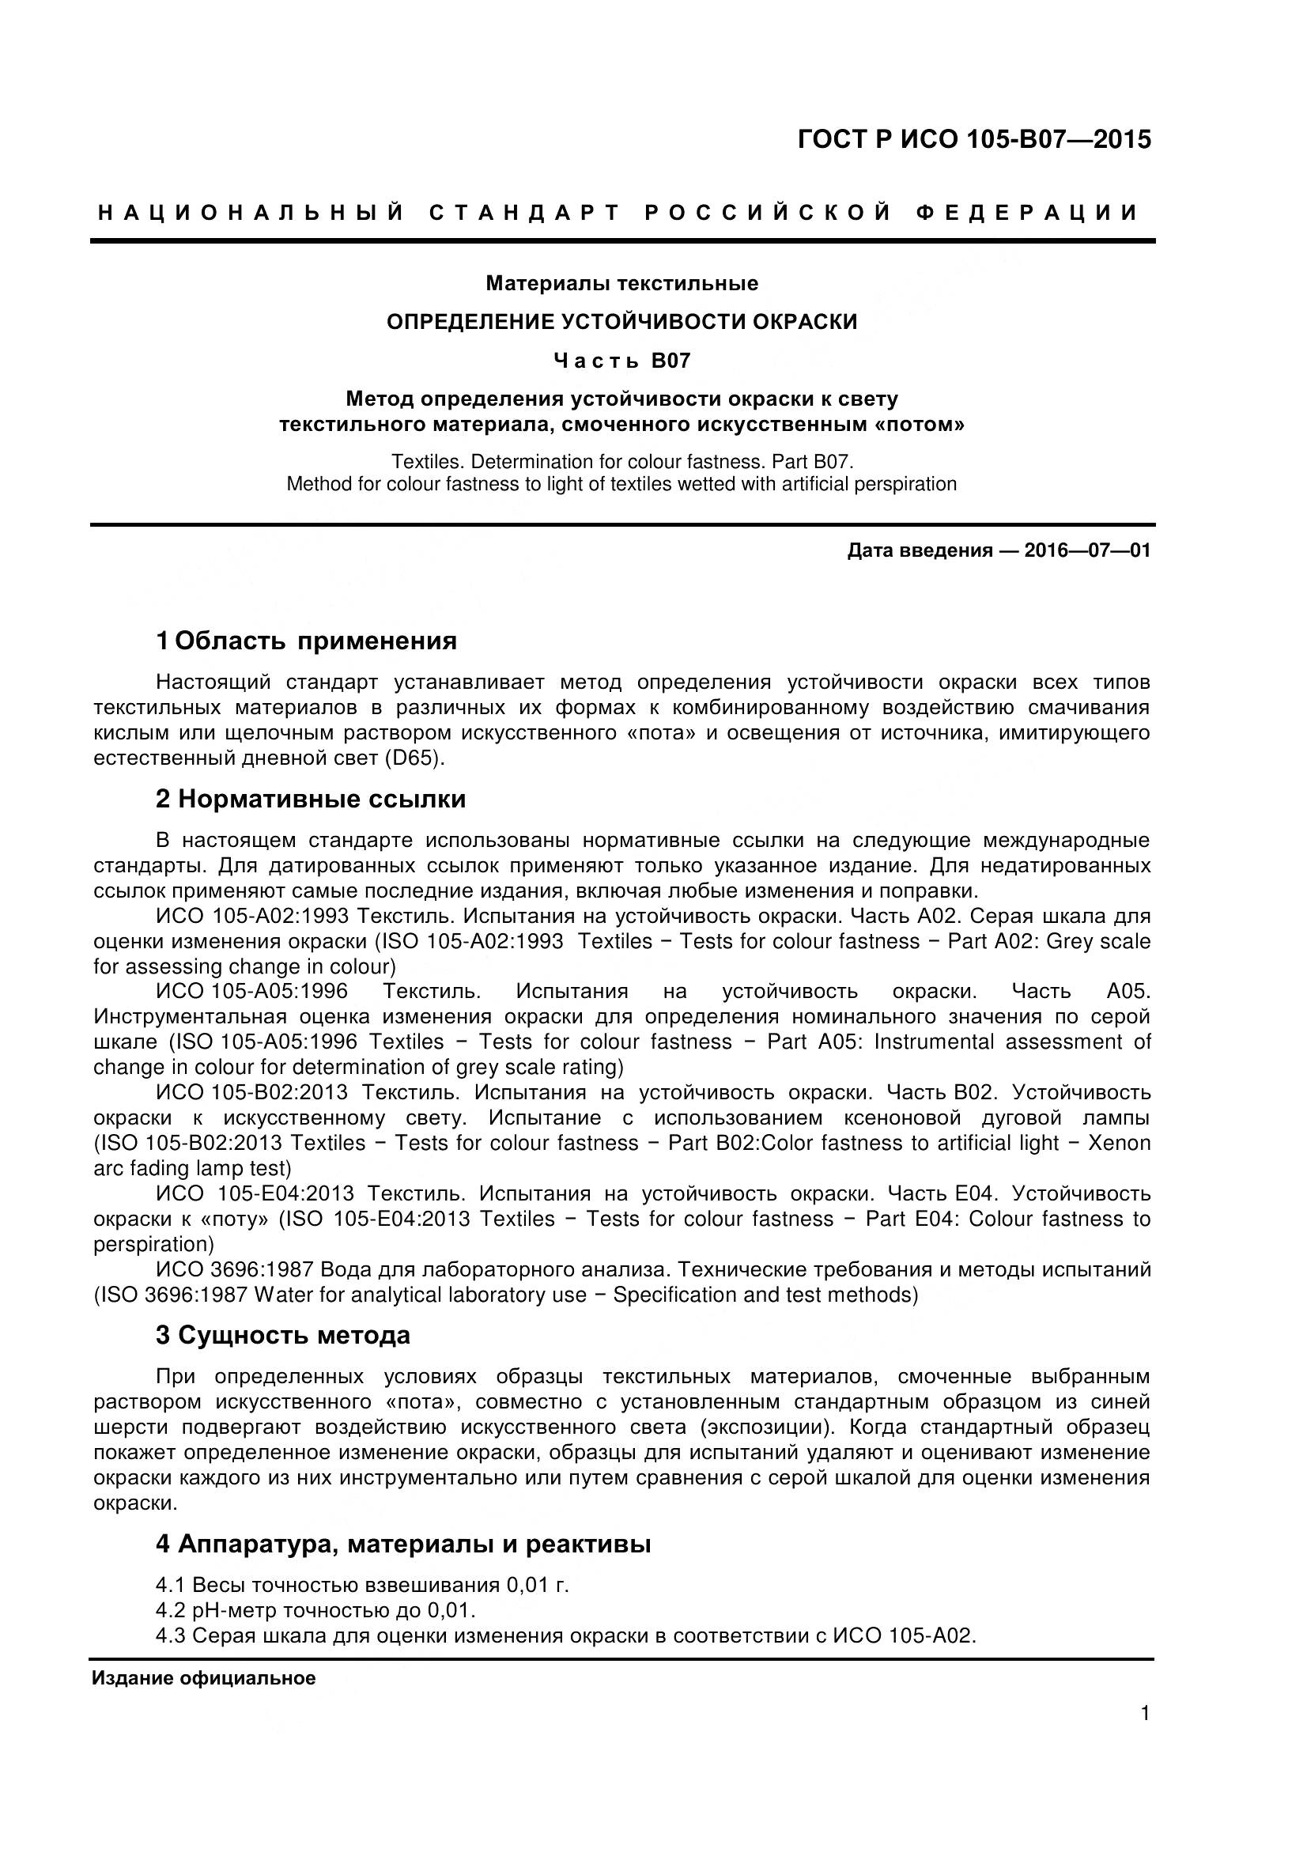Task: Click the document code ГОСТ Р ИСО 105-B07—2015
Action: [973, 140]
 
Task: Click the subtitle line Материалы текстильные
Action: [621, 283]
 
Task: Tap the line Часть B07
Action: [621, 361]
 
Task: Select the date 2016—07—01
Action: [1087, 551]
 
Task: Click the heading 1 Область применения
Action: [306, 641]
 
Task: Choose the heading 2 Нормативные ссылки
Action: [310, 799]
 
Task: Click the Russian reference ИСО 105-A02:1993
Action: [252, 917]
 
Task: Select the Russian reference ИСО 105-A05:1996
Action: [252, 992]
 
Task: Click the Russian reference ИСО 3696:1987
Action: [234, 1270]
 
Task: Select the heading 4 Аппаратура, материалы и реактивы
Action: [402, 1545]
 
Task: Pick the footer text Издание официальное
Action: [204, 1679]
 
